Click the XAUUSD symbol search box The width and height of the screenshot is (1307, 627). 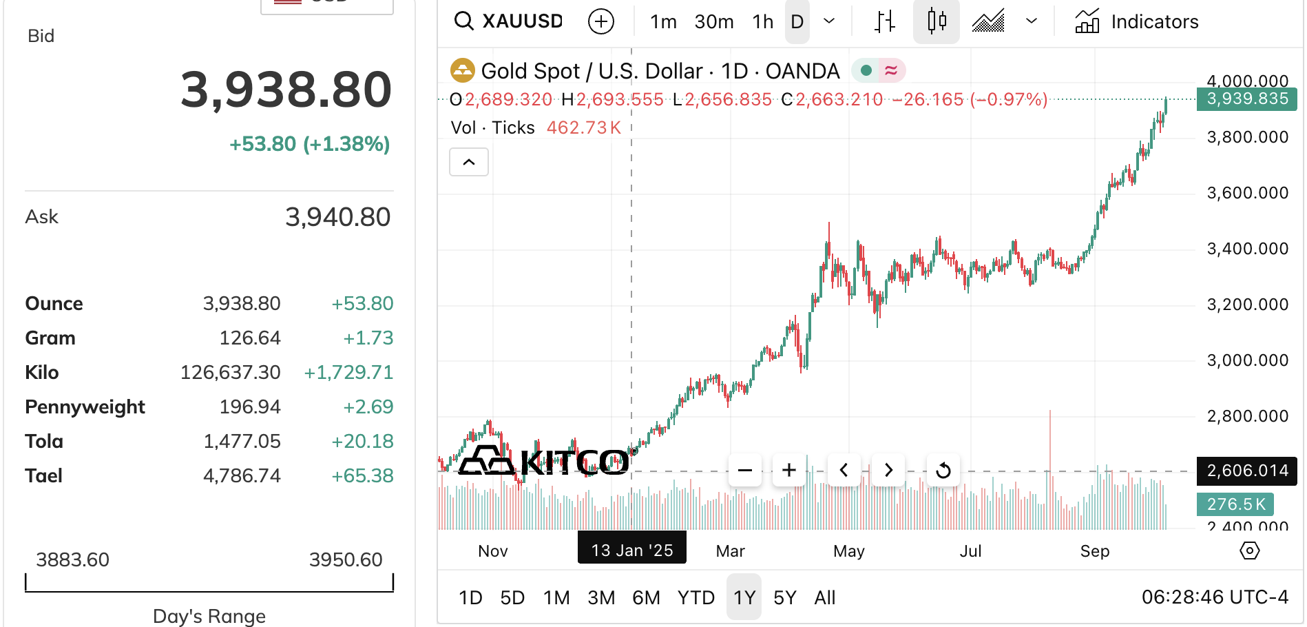[510, 21]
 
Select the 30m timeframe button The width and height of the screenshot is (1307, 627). [713, 22]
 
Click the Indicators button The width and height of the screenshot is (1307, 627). [1137, 22]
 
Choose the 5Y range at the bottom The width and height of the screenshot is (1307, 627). [784, 597]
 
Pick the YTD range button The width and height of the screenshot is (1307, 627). [696, 597]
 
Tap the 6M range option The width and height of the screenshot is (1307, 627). [645, 597]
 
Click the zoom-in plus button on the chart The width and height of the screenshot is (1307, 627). [789, 471]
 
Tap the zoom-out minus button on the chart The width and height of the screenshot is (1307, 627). [745, 471]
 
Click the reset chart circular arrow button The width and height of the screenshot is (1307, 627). [943, 471]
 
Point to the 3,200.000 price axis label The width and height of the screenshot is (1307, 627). [1247, 305]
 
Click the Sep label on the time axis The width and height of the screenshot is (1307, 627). [1094, 551]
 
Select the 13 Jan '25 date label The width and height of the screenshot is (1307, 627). [631, 550]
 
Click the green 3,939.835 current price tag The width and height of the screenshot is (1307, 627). [1247, 99]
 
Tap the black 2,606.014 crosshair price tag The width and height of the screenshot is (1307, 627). [1247, 471]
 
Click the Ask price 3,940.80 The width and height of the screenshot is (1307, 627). [337, 217]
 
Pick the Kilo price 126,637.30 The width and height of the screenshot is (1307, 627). [230, 373]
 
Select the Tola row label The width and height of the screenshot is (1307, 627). [44, 441]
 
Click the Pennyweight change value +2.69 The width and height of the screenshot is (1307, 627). [368, 407]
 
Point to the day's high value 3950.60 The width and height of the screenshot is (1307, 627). [345, 559]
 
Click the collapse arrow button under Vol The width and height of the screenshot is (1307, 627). [469, 163]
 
